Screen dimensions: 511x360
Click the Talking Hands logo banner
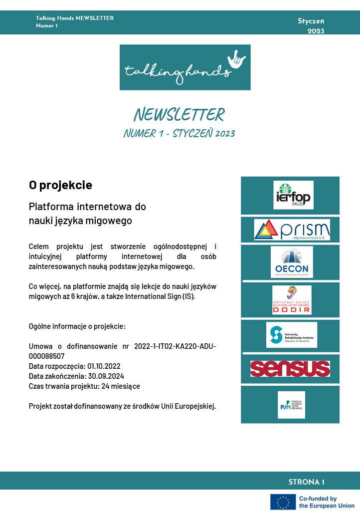click(x=185, y=67)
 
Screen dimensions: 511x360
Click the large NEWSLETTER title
click(x=180, y=115)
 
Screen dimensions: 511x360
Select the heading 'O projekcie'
click(x=60, y=185)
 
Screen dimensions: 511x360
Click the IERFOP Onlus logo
click(x=293, y=195)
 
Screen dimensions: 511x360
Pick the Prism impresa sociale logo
click(x=292, y=230)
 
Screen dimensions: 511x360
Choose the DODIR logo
click(x=292, y=300)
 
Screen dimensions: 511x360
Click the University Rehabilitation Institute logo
click(x=291, y=335)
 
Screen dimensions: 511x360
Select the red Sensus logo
click(x=290, y=369)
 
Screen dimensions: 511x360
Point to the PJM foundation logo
click(x=291, y=404)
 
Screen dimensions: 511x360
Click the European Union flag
click(x=282, y=502)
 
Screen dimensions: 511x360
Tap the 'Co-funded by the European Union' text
click(x=327, y=502)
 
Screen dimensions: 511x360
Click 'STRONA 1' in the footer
click(x=306, y=482)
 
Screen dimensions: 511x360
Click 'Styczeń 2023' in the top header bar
click(x=311, y=26)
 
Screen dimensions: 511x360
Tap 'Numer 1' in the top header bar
click(x=47, y=26)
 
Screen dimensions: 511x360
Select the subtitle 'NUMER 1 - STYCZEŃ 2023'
click(x=180, y=134)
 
